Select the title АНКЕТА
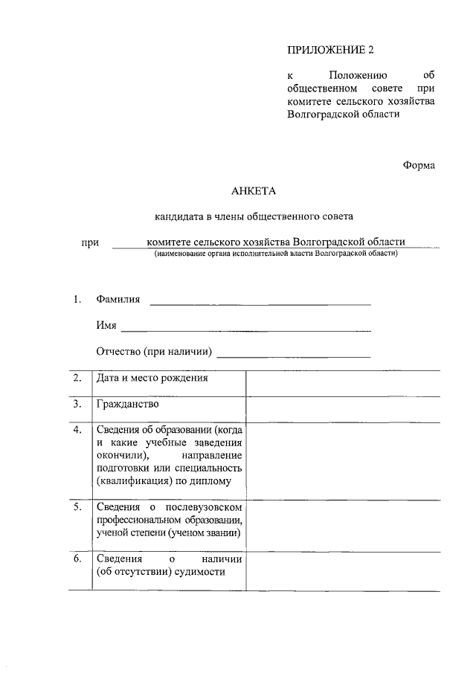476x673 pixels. click(254, 191)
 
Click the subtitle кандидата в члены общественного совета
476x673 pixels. click(254, 217)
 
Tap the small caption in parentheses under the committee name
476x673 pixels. click(276, 254)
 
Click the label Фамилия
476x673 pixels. click(118, 300)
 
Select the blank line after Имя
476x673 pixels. click(245, 329)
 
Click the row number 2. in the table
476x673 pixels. click(77, 378)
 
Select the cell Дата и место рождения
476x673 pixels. click(152, 378)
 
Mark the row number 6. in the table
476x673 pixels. click(77, 558)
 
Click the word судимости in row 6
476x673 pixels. click(199, 572)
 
